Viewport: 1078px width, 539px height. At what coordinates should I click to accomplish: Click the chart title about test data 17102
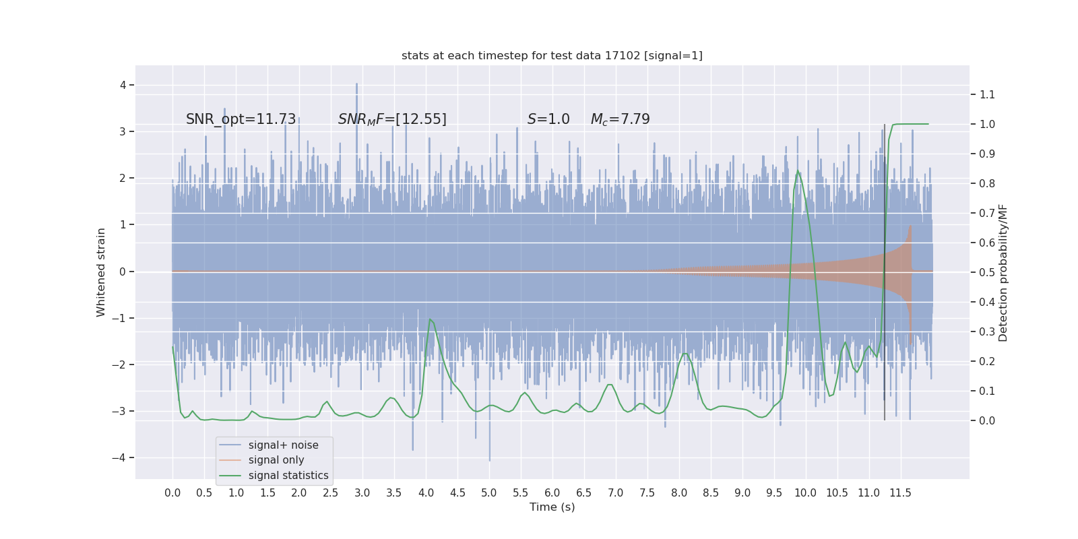point(552,56)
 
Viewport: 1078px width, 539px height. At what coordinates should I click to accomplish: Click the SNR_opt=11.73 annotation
point(241,119)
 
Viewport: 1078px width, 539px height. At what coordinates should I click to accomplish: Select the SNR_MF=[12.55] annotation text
point(392,119)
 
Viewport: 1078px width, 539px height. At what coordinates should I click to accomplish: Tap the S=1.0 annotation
point(548,119)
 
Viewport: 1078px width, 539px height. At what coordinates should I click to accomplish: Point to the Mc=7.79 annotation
point(620,119)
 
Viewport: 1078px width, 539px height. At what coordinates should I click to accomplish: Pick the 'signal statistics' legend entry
point(288,476)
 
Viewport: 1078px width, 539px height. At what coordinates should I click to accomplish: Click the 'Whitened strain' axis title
point(101,272)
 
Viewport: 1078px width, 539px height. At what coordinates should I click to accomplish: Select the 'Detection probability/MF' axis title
point(1003,273)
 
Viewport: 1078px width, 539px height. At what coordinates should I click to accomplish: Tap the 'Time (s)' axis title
point(552,507)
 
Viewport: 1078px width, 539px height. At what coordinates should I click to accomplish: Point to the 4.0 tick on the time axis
point(426,493)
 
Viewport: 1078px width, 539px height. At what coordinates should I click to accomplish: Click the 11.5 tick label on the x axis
point(900,493)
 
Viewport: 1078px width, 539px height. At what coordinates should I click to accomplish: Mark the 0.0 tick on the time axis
point(172,493)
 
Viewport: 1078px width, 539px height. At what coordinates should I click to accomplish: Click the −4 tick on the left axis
point(122,457)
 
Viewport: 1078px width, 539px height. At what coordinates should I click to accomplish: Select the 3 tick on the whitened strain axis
point(123,131)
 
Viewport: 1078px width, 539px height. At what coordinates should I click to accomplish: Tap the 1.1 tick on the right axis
point(987,94)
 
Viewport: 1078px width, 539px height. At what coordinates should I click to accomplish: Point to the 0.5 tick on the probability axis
point(987,272)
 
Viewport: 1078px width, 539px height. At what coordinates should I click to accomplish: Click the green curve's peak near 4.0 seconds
point(430,319)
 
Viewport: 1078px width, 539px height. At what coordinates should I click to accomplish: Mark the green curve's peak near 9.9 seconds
point(798,170)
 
